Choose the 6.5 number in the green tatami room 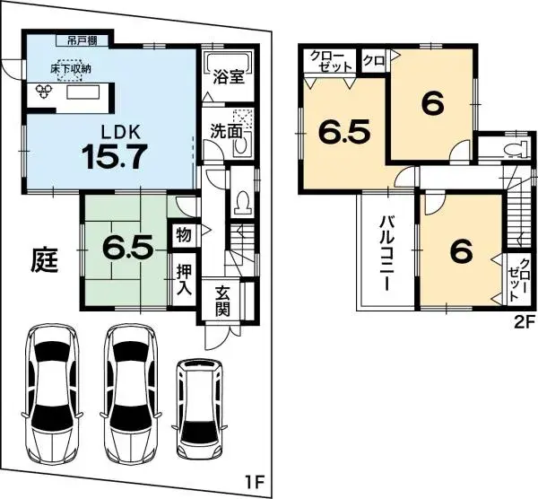pyautogui.click(x=125, y=245)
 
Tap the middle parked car pyautogui.click(x=131, y=389)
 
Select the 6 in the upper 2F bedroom pyautogui.click(x=432, y=104)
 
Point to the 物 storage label pyautogui.click(x=183, y=235)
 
